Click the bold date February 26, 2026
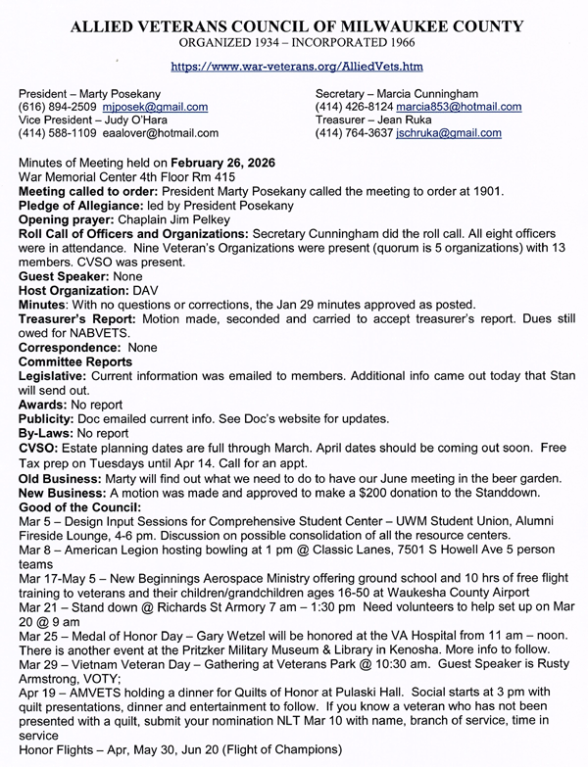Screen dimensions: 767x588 (x=222, y=161)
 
